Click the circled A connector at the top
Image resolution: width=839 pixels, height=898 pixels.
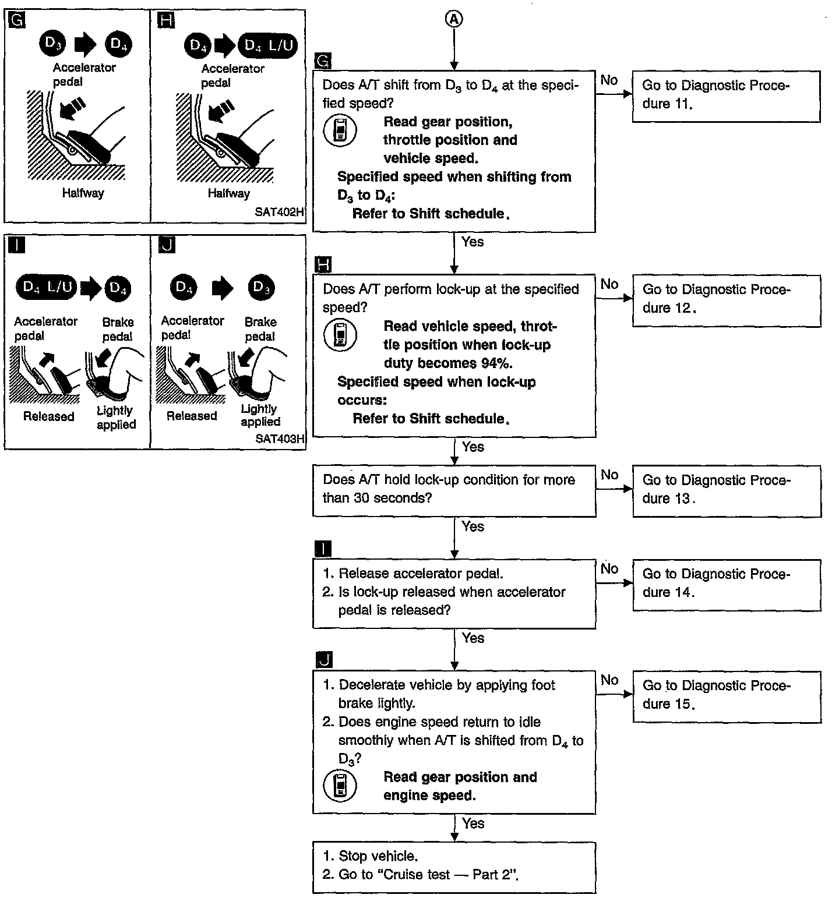(454, 19)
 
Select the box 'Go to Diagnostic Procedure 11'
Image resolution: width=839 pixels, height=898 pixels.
(726, 96)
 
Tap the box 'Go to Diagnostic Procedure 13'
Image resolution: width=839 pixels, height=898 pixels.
(727, 490)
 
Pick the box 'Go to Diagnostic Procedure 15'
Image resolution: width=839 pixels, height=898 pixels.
(727, 696)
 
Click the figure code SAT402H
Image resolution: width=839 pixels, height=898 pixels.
(279, 212)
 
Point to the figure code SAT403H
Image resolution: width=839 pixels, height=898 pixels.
(280, 439)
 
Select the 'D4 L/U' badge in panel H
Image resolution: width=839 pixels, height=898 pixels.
(268, 45)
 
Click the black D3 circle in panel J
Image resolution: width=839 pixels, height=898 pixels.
(261, 287)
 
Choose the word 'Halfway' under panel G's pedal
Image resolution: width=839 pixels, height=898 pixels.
(83, 193)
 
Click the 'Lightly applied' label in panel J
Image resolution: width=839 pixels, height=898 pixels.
(260, 415)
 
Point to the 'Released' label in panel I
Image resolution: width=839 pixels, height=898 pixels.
(48, 416)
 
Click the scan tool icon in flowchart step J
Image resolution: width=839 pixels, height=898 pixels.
(340, 786)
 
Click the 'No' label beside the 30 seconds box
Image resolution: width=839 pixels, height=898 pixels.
(609, 475)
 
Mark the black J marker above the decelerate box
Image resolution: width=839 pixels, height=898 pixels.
(323, 659)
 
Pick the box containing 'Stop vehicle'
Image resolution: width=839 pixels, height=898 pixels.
(454, 867)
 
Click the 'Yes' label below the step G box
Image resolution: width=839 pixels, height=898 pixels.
(473, 242)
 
